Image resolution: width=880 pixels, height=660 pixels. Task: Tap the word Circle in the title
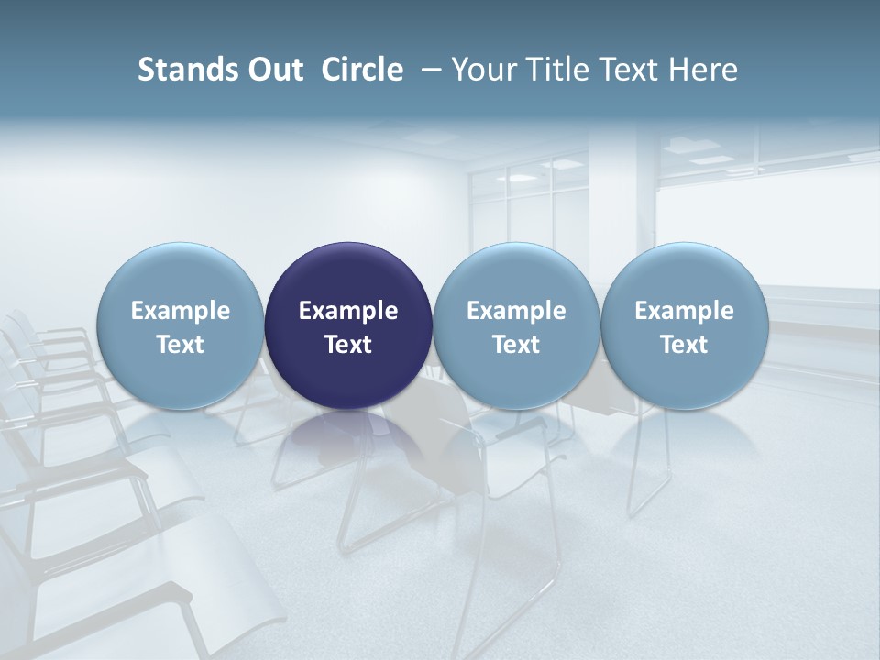click(x=362, y=70)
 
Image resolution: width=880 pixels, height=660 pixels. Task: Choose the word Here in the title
click(x=703, y=70)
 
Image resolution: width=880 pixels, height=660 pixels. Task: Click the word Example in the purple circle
click(x=348, y=311)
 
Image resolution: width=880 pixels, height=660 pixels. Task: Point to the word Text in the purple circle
click(x=348, y=345)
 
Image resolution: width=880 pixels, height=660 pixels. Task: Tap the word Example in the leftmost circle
click(x=181, y=311)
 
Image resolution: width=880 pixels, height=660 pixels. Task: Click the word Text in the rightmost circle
click(x=684, y=345)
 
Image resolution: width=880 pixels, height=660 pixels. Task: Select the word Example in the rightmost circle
click(x=684, y=311)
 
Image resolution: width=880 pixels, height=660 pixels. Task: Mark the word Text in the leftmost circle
click(x=181, y=345)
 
